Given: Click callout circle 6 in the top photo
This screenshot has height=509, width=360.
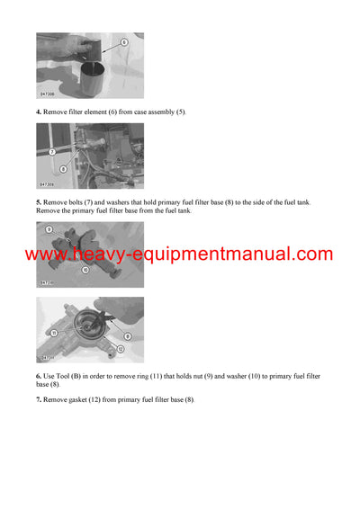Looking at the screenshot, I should click(123, 42).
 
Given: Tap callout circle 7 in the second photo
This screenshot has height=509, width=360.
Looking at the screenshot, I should click(52, 152).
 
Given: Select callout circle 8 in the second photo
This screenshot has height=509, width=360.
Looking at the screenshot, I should click(62, 168).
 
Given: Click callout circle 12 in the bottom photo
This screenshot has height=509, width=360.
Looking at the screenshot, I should click(121, 348).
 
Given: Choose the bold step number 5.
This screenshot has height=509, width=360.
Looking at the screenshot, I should click(38, 202).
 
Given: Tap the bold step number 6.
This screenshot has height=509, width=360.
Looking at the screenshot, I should click(38, 375).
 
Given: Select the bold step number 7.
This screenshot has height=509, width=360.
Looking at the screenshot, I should click(38, 398).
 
